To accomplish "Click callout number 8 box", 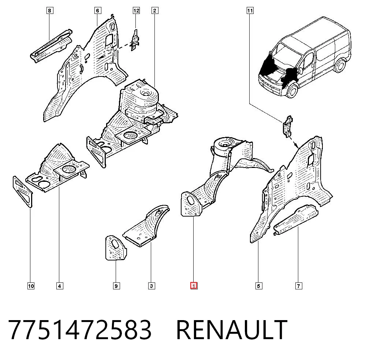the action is pyautogui.click(x=49, y=11).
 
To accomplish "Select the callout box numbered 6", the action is pyautogui.click(x=98, y=11).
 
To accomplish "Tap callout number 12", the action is pyautogui.click(x=136, y=11).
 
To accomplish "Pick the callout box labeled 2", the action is pyautogui.click(x=155, y=11).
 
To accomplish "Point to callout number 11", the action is pyautogui.click(x=250, y=11).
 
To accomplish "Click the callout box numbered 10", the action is pyautogui.click(x=31, y=286).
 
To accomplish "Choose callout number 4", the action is pyautogui.click(x=60, y=286).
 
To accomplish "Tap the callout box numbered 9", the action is pyautogui.click(x=116, y=286).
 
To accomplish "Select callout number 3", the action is pyautogui.click(x=152, y=286).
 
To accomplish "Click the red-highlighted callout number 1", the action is pyautogui.click(x=194, y=286).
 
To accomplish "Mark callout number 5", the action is pyautogui.click(x=259, y=286).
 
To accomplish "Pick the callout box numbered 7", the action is pyautogui.click(x=299, y=286).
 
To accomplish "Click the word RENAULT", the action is pyautogui.click(x=232, y=330).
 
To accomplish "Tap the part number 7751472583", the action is pyautogui.click(x=80, y=330).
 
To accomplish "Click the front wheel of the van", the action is pyautogui.click(x=292, y=90).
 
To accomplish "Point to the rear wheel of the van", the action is pyautogui.click(x=340, y=65).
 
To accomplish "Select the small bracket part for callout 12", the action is pyautogui.click(x=135, y=40).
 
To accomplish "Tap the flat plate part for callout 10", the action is pyautogui.click(x=23, y=192).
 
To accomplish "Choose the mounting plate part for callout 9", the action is pyautogui.click(x=116, y=248).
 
